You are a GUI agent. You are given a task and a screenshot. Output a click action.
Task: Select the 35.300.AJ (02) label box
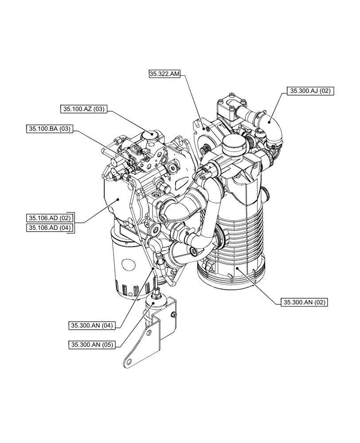pos(310,91)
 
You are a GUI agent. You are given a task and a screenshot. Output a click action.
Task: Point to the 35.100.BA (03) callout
pos(49,129)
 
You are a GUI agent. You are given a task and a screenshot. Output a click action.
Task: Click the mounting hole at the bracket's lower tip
pos(128,361)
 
